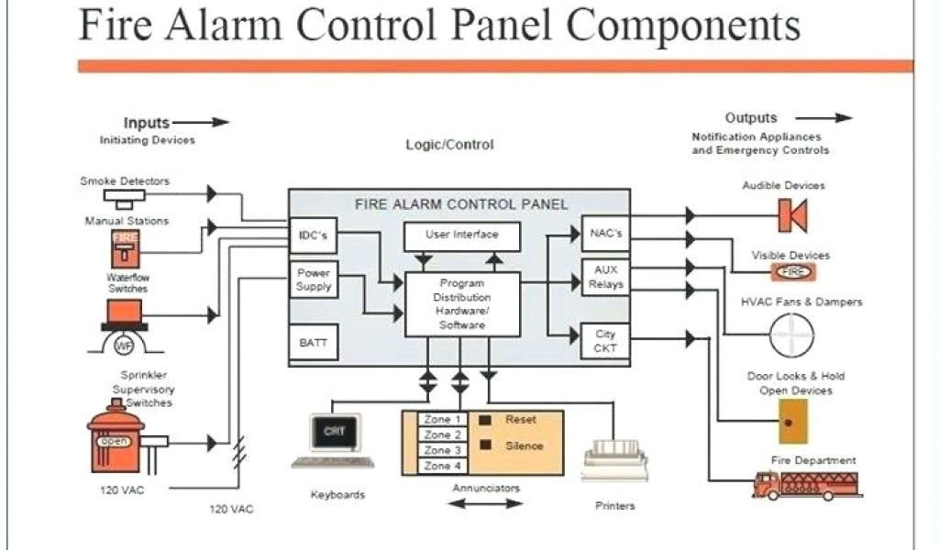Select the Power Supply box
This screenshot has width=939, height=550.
tap(314, 280)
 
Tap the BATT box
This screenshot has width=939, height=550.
tap(313, 343)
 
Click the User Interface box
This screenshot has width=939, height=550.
tap(462, 236)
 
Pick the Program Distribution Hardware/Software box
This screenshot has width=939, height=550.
tap(462, 305)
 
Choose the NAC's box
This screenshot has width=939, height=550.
tap(606, 235)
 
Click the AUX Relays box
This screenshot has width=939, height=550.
tap(606, 278)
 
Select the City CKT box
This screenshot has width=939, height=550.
tap(606, 342)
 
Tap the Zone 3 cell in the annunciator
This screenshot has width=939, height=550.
tap(438, 451)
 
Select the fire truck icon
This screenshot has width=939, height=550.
tap(806, 483)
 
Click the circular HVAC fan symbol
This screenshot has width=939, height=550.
tap(790, 335)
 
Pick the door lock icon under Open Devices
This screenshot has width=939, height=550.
tap(788, 421)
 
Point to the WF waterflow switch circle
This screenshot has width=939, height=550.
tap(124, 346)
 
